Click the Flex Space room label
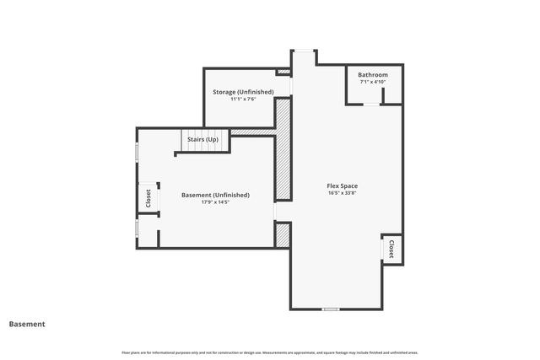pyautogui.click(x=343, y=185)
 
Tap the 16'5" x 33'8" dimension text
pyautogui.click(x=343, y=192)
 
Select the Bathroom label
pyautogui.click(x=373, y=75)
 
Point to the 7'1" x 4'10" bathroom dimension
pyautogui.click(x=373, y=82)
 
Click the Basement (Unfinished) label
pyautogui.click(x=215, y=195)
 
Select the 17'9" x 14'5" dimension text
pyautogui.click(x=215, y=202)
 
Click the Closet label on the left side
pyautogui.click(x=148, y=198)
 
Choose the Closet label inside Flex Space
pyautogui.click(x=392, y=250)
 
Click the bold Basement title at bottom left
pyautogui.click(x=27, y=324)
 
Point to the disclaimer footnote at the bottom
pyautogui.click(x=270, y=352)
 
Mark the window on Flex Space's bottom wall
pyautogui.click(x=331, y=309)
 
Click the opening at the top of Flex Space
pyautogui.click(x=304, y=51)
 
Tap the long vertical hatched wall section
pyautogui.click(x=283, y=149)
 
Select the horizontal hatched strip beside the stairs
pyautogui.click(x=252, y=132)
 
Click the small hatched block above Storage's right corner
pyautogui.click(x=283, y=73)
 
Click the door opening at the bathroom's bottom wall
pyautogui.click(x=372, y=104)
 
